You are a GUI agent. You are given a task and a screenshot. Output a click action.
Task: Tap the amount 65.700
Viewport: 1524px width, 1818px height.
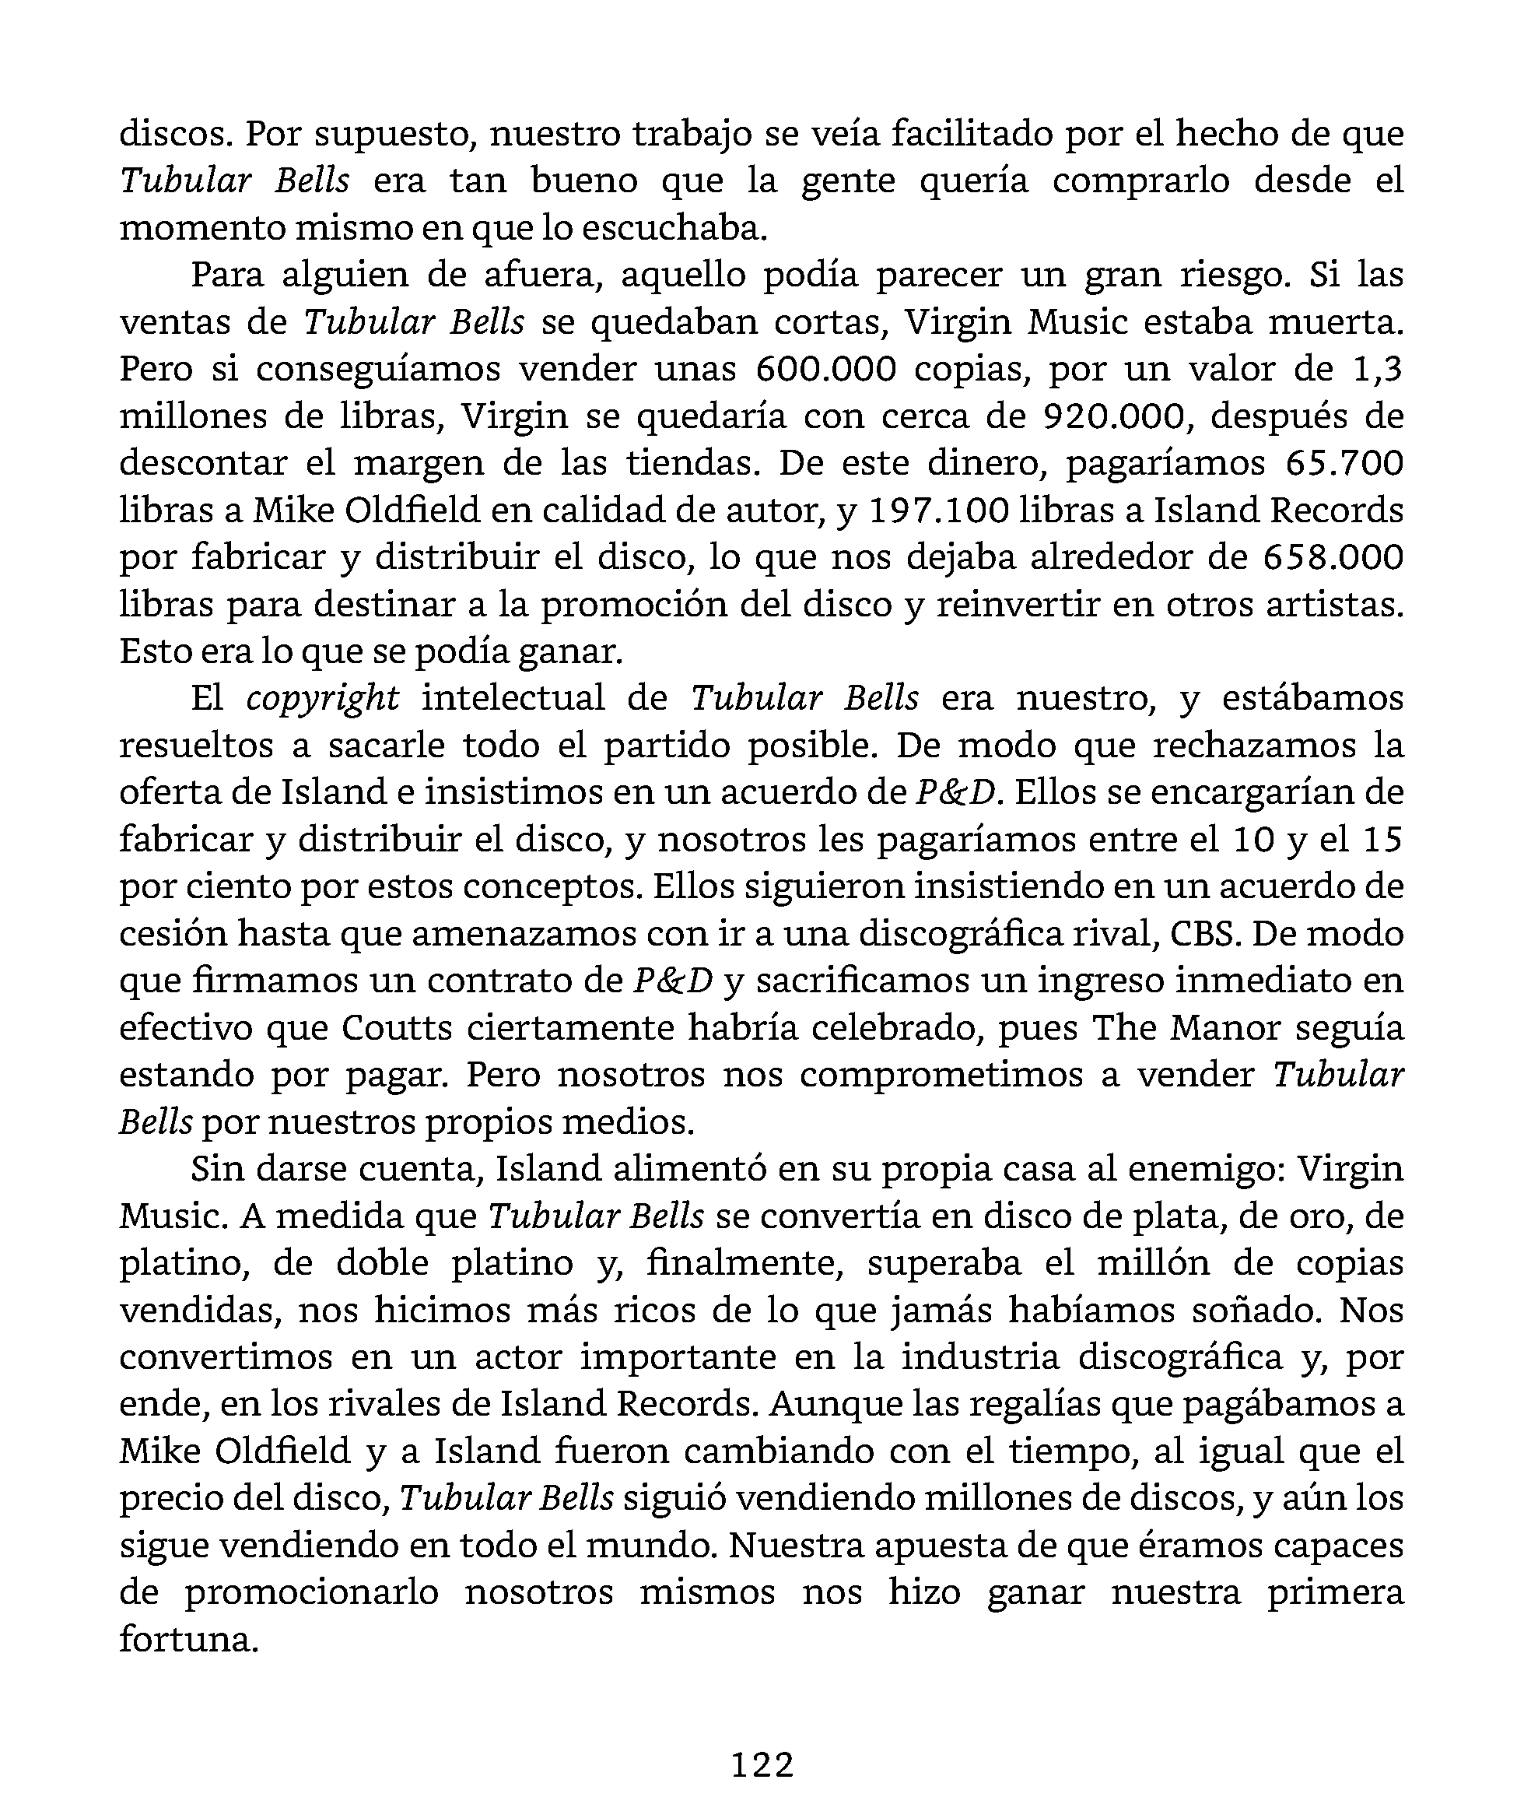point(1344,463)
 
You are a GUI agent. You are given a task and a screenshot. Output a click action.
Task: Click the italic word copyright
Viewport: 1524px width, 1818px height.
point(322,699)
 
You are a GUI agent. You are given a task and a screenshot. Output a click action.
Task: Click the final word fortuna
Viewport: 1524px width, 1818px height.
point(189,1640)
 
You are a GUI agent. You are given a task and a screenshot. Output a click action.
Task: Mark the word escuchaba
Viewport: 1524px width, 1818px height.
point(674,228)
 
